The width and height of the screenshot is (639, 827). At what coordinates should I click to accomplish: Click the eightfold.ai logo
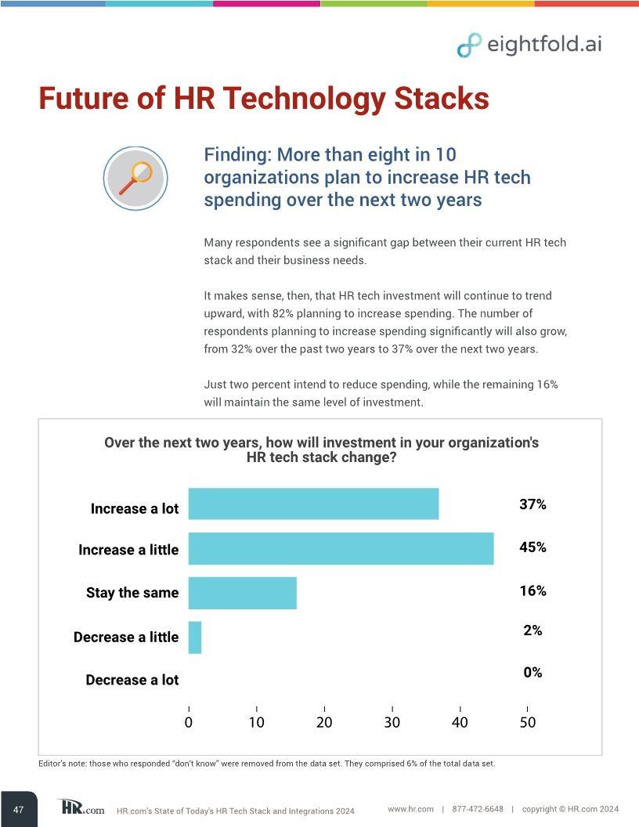tap(529, 45)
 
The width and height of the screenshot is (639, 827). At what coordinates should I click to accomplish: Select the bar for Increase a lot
tap(313, 504)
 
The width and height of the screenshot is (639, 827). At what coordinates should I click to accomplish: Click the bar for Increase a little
tap(341, 548)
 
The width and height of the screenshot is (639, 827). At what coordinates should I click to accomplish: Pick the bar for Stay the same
tap(243, 593)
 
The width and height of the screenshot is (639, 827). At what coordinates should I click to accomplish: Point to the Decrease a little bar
tap(195, 637)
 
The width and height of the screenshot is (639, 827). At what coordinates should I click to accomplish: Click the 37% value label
tap(532, 505)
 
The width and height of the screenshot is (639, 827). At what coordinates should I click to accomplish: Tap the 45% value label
tap(532, 547)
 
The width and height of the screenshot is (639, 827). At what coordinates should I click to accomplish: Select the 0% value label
tap(532, 673)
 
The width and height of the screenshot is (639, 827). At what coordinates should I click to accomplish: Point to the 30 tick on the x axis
tap(392, 722)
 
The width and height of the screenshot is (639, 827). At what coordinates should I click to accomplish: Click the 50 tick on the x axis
tap(528, 722)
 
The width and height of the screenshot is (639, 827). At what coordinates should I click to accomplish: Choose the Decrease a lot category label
tap(132, 680)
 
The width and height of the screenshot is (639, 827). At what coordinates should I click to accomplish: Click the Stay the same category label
tap(132, 593)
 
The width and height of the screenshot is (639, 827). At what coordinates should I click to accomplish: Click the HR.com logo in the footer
tap(81, 807)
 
